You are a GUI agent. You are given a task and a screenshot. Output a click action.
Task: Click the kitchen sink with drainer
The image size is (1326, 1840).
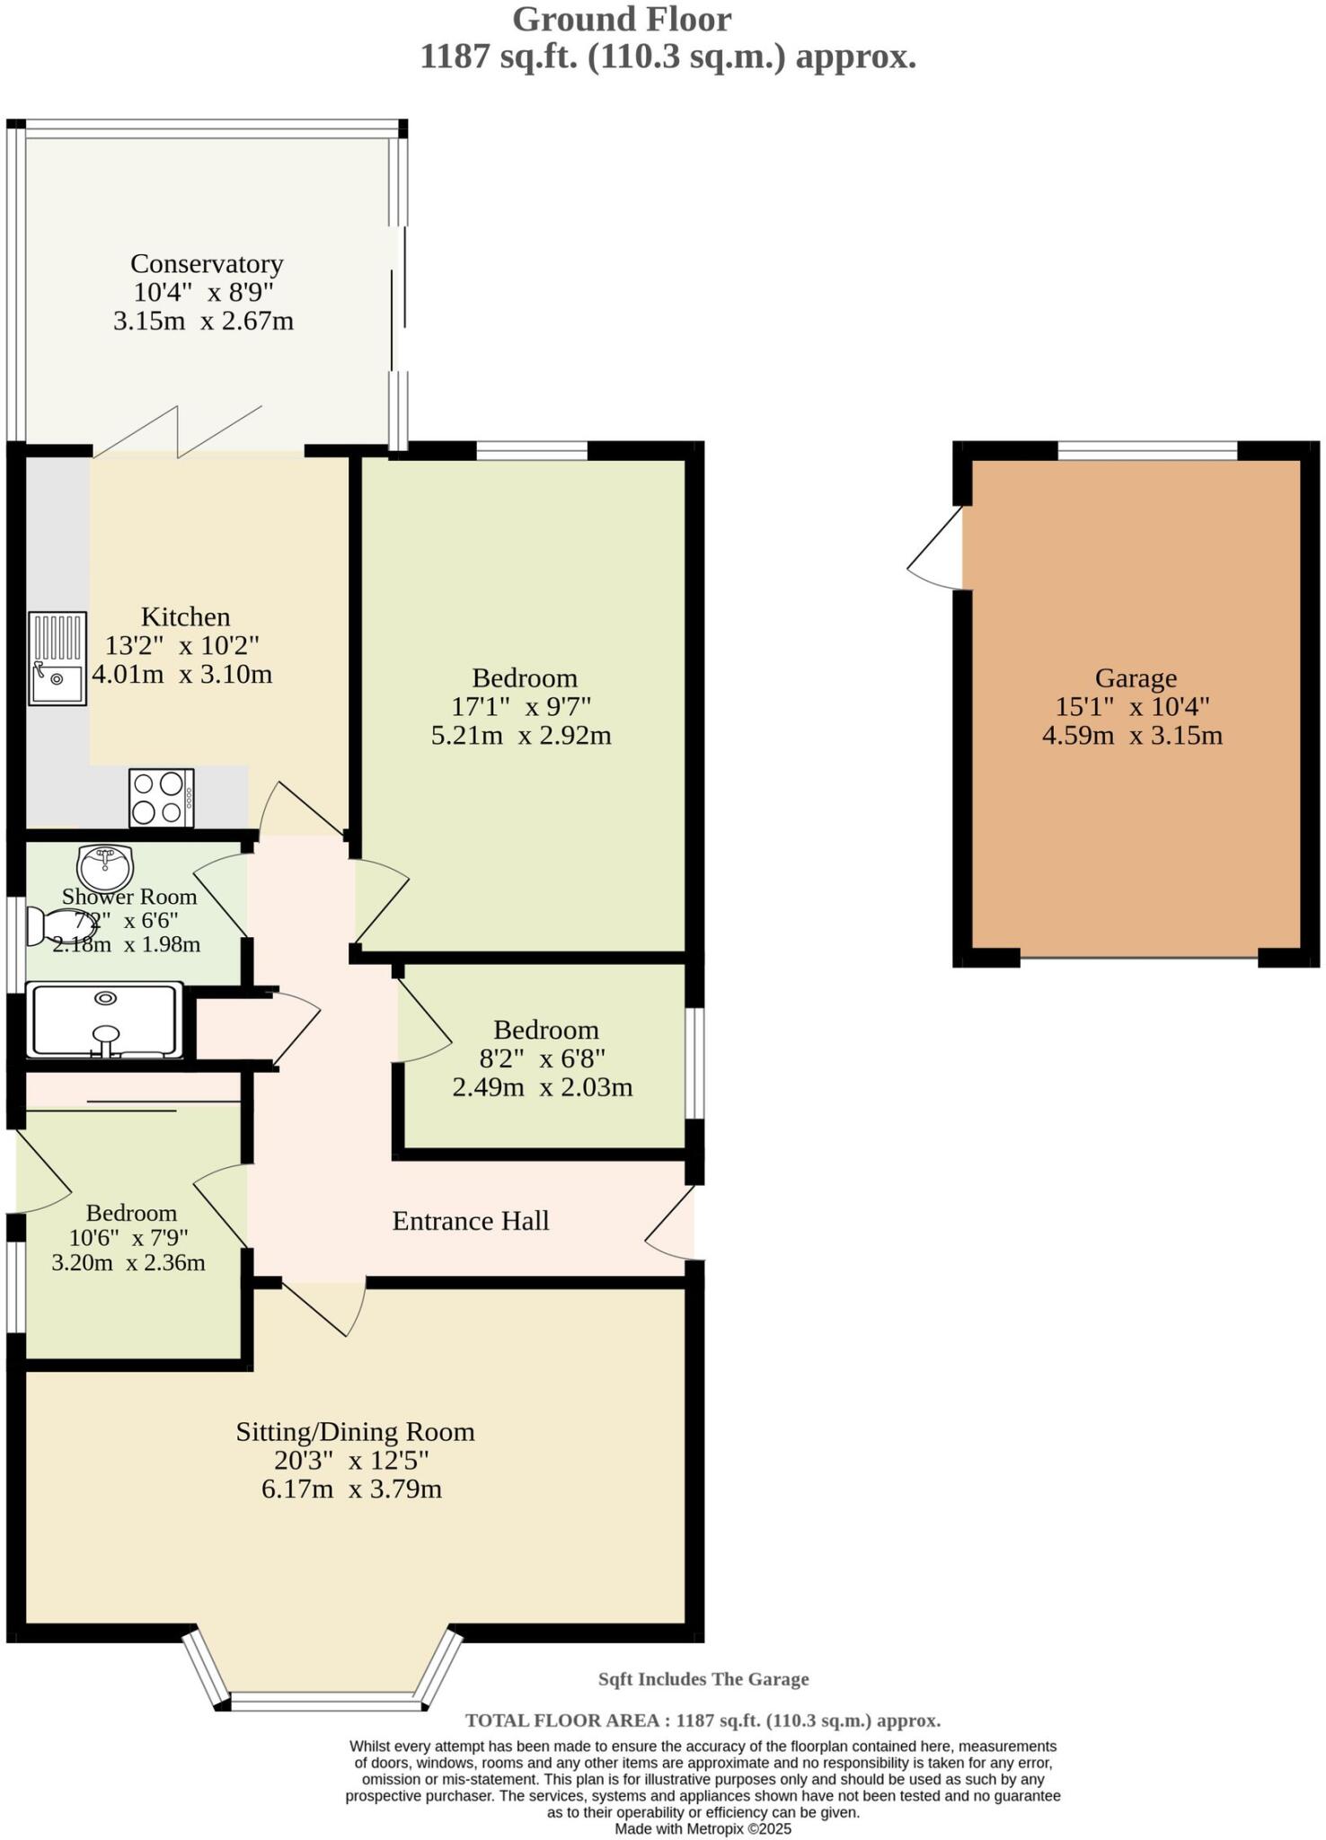(57, 658)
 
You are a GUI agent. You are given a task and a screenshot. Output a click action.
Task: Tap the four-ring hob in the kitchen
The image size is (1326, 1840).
(162, 797)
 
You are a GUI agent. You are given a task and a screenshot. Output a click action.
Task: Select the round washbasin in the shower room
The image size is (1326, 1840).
(105, 867)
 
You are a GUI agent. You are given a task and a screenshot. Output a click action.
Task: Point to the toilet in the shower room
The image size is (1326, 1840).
(54, 927)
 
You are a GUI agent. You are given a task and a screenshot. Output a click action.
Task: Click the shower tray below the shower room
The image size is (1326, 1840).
(106, 1020)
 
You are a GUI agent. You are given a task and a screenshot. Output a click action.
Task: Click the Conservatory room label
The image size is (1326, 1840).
(207, 263)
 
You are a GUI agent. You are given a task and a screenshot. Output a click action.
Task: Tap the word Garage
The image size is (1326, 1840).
(1135, 677)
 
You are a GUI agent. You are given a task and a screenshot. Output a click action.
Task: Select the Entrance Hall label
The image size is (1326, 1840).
(471, 1220)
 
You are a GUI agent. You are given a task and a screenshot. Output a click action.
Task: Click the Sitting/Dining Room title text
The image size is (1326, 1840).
(355, 1431)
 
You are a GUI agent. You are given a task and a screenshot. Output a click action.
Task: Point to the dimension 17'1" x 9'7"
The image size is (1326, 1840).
(522, 706)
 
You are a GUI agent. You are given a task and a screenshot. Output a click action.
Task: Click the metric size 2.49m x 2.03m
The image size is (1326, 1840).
(542, 1087)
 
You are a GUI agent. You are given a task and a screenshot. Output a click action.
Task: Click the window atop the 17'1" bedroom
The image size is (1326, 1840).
(531, 450)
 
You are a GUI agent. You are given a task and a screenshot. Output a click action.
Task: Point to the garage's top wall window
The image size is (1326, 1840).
(1146, 450)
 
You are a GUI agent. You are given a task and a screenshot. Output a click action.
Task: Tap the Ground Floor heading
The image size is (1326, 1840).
(622, 18)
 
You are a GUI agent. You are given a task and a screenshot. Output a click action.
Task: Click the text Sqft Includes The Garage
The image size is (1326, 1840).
(703, 1678)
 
